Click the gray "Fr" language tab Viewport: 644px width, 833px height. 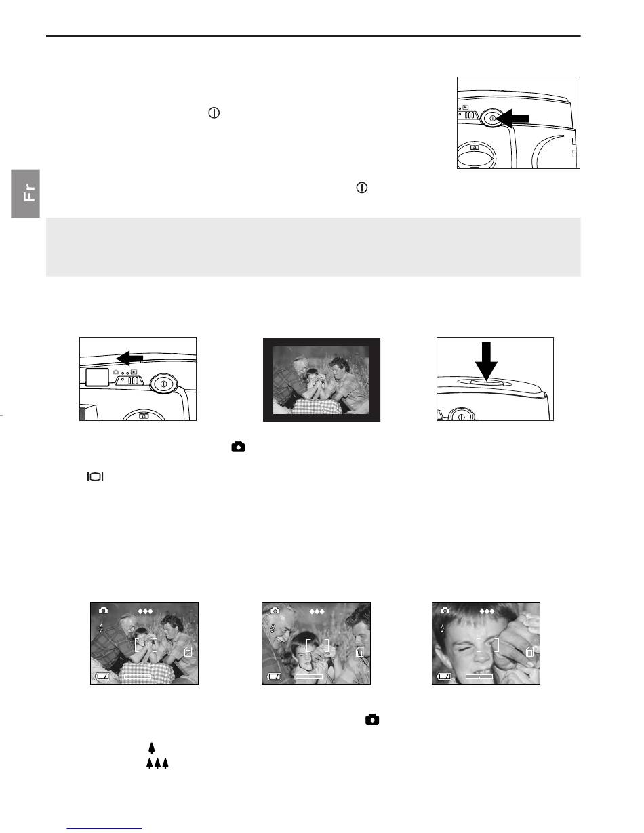[25, 194]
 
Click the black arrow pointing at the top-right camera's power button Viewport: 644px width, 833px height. [512, 119]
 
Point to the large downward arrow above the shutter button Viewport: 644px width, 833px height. [486, 361]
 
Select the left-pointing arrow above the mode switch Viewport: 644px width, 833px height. [130, 359]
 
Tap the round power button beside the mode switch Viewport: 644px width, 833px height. [163, 383]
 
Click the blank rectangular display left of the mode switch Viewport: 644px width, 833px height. [98, 377]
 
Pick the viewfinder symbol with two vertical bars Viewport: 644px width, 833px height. [95, 477]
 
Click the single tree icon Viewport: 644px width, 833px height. [152, 748]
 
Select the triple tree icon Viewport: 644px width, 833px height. [157, 763]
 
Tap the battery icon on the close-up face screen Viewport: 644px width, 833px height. [445, 676]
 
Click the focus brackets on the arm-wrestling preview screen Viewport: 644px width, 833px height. [146, 645]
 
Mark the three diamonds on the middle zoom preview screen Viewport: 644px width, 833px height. [317, 611]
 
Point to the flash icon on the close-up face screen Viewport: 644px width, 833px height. [443, 628]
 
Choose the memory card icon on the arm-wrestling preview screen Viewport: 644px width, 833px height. [188, 651]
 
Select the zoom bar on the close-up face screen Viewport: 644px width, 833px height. [479, 677]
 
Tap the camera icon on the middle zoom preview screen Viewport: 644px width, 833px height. [275, 611]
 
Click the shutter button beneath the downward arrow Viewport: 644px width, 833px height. [486, 382]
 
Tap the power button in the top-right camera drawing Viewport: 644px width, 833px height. [492, 118]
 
